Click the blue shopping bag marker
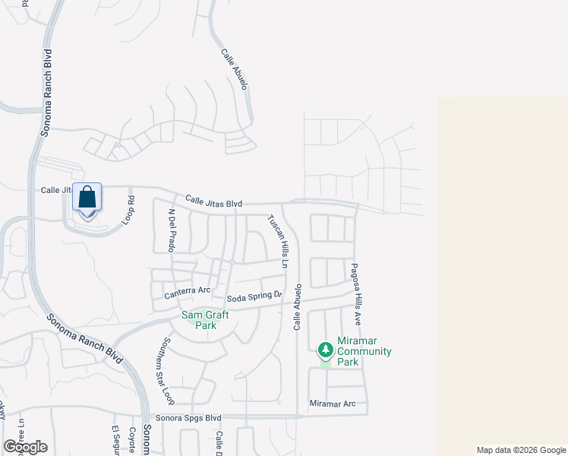[87, 198]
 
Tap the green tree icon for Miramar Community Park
[326, 350]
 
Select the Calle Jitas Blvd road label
[213, 202]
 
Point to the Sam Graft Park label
[198, 320]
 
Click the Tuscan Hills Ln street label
[276, 241]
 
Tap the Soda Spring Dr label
[254, 296]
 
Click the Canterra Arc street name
[187, 290]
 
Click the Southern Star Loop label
[168, 370]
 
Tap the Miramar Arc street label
[333, 403]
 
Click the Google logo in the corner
[25, 447]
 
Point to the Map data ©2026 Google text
[521, 450]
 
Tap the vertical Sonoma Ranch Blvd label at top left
[46, 93]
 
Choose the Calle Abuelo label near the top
[235, 70]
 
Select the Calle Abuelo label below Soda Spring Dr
[298, 307]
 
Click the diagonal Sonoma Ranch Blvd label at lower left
[84, 338]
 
